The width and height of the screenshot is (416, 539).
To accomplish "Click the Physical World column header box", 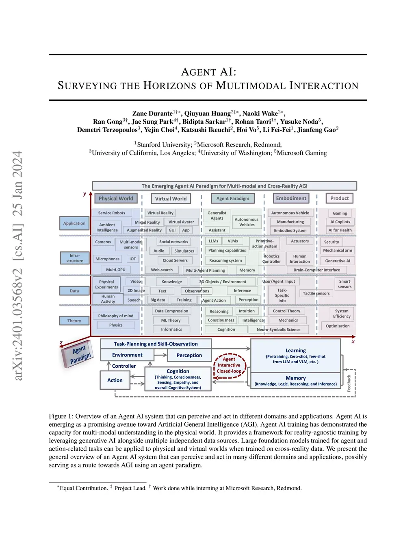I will (x=116, y=199).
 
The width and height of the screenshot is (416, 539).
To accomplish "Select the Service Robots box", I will (x=112, y=213).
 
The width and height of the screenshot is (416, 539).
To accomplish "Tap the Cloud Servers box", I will (x=175, y=260).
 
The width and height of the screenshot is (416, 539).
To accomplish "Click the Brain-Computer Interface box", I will (x=317, y=270).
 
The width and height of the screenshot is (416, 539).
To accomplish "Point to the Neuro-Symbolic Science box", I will (x=279, y=330).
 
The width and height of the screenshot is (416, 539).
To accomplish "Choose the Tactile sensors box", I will (x=316, y=293).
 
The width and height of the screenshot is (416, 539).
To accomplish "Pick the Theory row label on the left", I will (x=74, y=321).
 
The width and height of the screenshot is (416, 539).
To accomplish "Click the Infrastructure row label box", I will (x=75, y=258).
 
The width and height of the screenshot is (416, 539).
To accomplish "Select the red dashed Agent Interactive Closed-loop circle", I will (x=229, y=365).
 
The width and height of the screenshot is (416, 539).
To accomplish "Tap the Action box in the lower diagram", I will (x=115, y=380).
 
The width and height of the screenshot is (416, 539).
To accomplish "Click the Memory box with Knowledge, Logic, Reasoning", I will (x=295, y=381).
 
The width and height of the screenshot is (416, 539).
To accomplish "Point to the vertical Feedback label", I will (x=349, y=383).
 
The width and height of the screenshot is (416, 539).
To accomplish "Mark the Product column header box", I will (x=340, y=199).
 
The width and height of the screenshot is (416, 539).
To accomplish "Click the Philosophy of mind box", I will (x=116, y=316).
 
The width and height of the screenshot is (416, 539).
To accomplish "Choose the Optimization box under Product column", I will (x=338, y=326).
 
